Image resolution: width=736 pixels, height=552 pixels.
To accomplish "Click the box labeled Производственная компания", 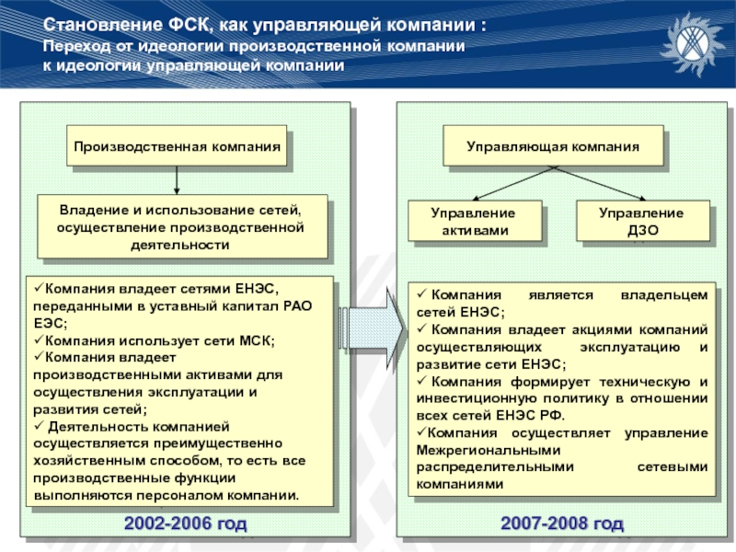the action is pos(177,145).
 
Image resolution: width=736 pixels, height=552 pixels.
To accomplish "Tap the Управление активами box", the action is pos(474,222).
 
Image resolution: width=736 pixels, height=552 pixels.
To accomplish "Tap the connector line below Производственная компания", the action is pos(178,179).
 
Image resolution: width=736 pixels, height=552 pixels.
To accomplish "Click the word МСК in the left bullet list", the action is pos(255,340).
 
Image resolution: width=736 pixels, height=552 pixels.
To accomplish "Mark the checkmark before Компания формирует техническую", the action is pos(420,382).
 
